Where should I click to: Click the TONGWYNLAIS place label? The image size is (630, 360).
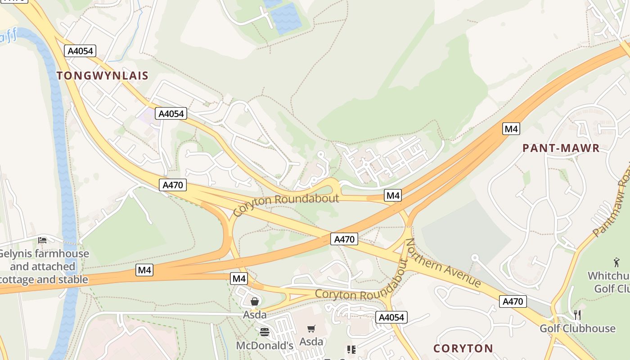(x=103, y=76)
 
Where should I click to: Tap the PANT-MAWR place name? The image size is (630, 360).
(x=561, y=148)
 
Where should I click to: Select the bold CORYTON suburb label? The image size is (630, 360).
(x=463, y=348)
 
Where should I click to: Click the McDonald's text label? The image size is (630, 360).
(x=265, y=346)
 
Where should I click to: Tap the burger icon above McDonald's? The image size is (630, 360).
(x=265, y=333)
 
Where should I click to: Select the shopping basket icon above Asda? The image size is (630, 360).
(x=255, y=301)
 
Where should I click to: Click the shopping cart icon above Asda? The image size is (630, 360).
(x=311, y=329)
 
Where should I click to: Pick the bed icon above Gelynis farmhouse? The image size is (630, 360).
(x=42, y=240)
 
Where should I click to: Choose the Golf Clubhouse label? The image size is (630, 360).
(x=577, y=328)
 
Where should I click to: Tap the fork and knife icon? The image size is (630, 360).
(x=578, y=315)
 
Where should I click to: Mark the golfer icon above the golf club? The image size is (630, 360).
(x=616, y=262)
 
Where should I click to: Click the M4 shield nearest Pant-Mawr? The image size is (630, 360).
(x=511, y=129)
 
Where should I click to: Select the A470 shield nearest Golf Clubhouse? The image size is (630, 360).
(x=513, y=301)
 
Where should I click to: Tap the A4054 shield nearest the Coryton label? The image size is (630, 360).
(x=391, y=317)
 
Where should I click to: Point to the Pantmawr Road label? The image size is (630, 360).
(x=612, y=205)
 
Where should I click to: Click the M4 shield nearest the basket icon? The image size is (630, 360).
(x=239, y=279)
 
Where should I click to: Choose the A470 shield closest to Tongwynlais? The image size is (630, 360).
(x=172, y=184)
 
